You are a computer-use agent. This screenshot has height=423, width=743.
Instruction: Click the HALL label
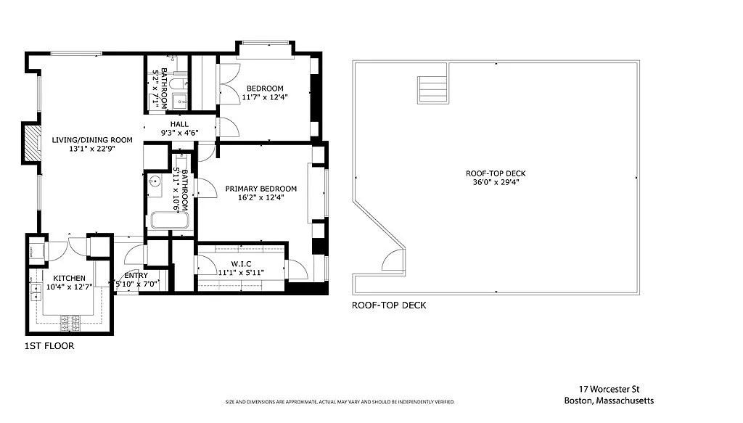179,124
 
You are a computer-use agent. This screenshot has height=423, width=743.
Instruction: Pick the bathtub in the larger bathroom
168,221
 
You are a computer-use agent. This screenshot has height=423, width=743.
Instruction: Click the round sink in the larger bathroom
155,183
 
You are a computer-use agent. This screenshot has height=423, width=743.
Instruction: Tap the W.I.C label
242,263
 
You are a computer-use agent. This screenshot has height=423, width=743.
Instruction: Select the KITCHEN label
70,278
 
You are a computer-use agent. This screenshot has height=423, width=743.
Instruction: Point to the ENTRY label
136,275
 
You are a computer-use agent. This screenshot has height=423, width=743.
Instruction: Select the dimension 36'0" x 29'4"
496,182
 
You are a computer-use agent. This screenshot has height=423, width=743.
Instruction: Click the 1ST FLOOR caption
49,346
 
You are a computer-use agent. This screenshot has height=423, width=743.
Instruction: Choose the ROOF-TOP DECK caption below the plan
389,305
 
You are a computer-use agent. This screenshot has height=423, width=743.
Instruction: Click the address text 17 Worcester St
608,390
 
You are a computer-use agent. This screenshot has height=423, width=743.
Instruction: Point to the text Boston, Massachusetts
609,401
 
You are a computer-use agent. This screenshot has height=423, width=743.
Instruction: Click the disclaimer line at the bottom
340,402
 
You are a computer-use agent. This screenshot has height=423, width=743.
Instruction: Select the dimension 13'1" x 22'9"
91,149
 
